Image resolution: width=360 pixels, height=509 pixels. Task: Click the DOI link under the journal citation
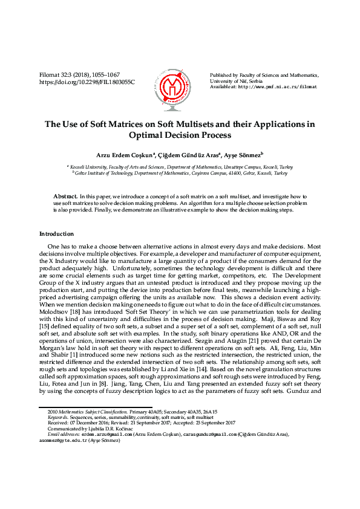(87, 82)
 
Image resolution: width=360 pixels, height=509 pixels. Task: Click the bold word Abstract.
(65, 197)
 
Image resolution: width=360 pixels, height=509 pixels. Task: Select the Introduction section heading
(56, 233)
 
